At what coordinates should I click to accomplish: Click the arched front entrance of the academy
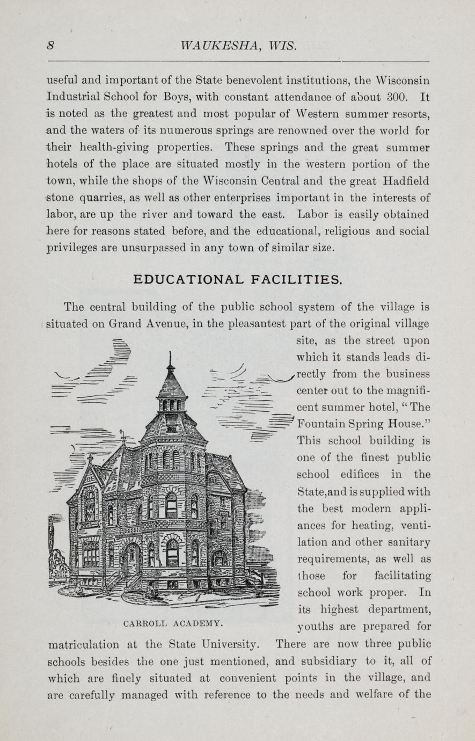click(x=130, y=558)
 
